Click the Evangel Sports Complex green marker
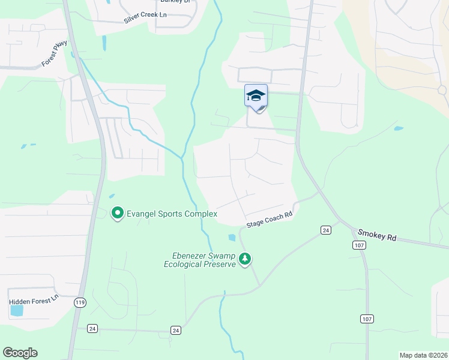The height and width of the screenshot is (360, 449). pyautogui.click(x=118, y=213)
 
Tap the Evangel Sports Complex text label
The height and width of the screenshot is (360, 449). pyautogui.click(x=171, y=214)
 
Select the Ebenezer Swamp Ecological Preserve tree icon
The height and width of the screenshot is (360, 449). pyautogui.click(x=244, y=259)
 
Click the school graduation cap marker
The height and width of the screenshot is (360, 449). pyautogui.click(x=256, y=95)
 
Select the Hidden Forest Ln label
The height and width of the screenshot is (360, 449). pyautogui.click(x=34, y=298)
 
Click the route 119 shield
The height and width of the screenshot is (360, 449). pyautogui.click(x=80, y=302)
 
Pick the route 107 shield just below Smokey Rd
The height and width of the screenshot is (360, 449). pyautogui.click(x=358, y=245)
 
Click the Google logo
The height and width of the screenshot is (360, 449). pyautogui.click(x=20, y=353)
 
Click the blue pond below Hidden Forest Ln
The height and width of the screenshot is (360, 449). pyautogui.click(x=17, y=310)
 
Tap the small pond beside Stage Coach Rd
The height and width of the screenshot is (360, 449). pyautogui.click(x=232, y=238)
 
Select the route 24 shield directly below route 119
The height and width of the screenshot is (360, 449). pyautogui.click(x=92, y=328)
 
